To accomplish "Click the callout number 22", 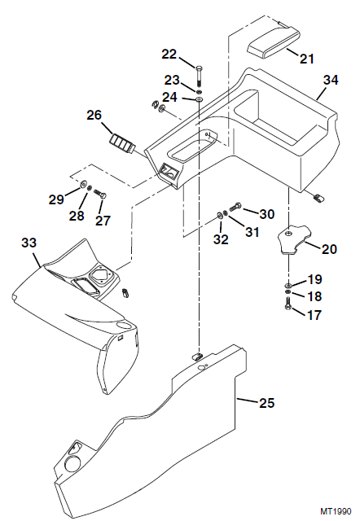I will pyautogui.click(x=169, y=54).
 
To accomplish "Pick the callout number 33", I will pyautogui.click(x=29, y=243).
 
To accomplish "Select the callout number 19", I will pyautogui.click(x=314, y=279).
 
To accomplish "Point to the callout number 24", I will pyautogui.click(x=169, y=97).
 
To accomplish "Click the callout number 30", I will pyautogui.click(x=267, y=214).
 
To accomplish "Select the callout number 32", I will pyautogui.click(x=222, y=240).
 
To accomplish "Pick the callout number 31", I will pyautogui.click(x=252, y=232).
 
